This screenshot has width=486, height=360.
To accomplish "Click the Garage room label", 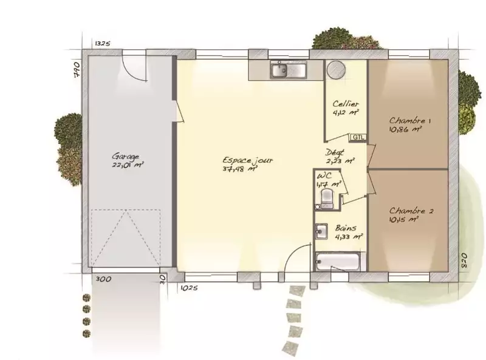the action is (x=126, y=156).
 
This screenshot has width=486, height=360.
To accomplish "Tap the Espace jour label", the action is (x=248, y=160).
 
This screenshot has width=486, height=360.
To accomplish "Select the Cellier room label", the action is (x=346, y=104).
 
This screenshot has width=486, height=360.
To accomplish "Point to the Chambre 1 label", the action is (x=409, y=121).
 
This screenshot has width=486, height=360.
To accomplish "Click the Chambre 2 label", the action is (x=411, y=211).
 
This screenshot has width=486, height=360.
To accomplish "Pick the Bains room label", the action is (x=346, y=228).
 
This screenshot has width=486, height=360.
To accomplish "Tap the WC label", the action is (x=324, y=176).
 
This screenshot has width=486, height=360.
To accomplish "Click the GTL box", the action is (x=358, y=137).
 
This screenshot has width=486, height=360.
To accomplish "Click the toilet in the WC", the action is (x=327, y=198).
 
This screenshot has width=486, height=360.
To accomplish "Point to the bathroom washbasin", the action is (x=321, y=231).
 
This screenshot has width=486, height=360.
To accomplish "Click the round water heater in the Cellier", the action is (x=337, y=69).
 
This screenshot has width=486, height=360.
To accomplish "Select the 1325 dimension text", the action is (x=102, y=43).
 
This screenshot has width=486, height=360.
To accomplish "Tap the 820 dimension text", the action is (x=464, y=261).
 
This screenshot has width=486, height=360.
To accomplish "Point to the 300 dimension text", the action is (x=103, y=279).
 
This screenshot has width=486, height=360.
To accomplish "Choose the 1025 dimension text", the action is (x=189, y=288).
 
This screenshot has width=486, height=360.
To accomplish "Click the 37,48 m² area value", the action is (x=241, y=169).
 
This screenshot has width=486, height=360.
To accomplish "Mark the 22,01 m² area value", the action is (x=128, y=165).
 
